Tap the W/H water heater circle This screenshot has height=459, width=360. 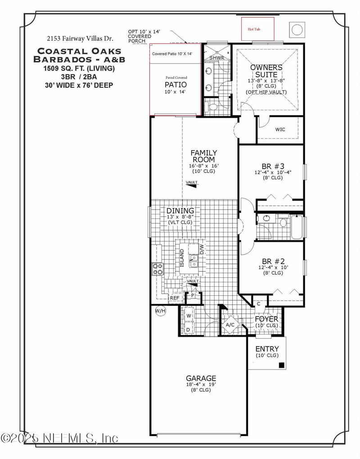pyautogui.click(x=160, y=311)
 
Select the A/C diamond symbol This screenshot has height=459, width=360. pyautogui.click(x=230, y=325)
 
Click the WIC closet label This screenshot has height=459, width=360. pyautogui.click(x=280, y=129)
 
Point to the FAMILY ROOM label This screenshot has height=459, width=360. pyautogui.click(x=203, y=156)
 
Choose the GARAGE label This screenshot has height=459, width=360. pyautogui.click(x=201, y=378)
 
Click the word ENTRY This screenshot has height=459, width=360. pyautogui.click(x=267, y=349)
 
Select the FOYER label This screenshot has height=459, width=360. pyautogui.click(x=266, y=319)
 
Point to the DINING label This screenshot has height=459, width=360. pyautogui.click(x=180, y=210)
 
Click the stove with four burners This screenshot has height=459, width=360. pyautogui.click(x=158, y=269)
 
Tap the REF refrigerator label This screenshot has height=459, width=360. pyautogui.click(x=174, y=298)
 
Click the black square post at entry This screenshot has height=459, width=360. pyautogui.click(x=281, y=365)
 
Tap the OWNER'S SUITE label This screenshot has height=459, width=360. pyautogui.click(x=266, y=71)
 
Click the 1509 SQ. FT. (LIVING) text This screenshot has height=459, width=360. pyautogui.click(x=79, y=69)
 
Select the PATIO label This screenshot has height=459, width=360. pyautogui.click(x=175, y=85)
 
